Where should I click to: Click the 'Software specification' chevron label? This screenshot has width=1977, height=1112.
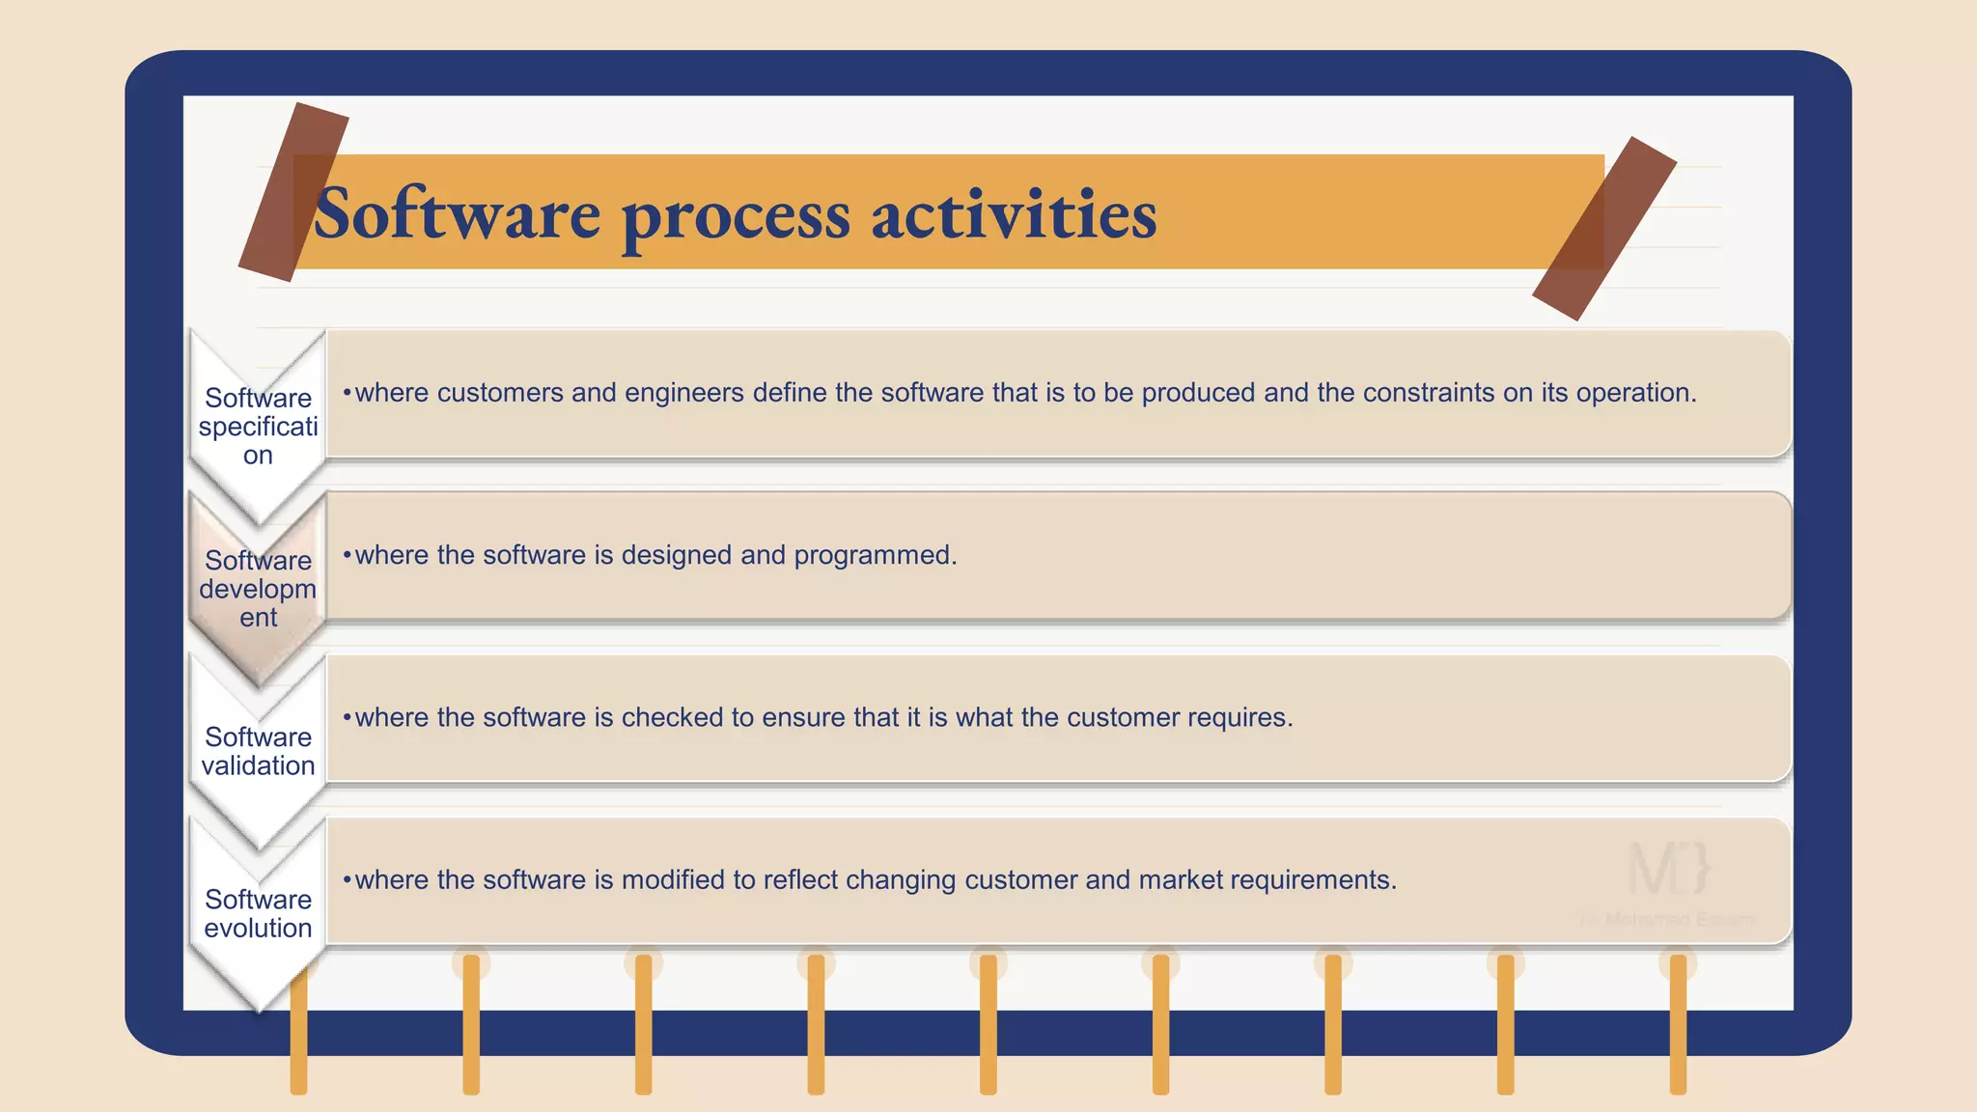coord(258,426)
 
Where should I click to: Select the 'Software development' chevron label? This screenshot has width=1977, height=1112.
coord(258,588)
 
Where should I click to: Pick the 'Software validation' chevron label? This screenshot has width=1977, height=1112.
coord(258,751)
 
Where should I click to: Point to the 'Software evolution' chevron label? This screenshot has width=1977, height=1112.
coord(258,913)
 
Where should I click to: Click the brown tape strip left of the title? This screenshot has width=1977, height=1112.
coord(293,192)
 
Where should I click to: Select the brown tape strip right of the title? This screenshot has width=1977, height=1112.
coord(1603,229)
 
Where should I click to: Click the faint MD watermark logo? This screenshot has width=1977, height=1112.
coord(1669,868)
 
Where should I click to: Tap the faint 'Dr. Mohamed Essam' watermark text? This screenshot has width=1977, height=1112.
coord(1667,920)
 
